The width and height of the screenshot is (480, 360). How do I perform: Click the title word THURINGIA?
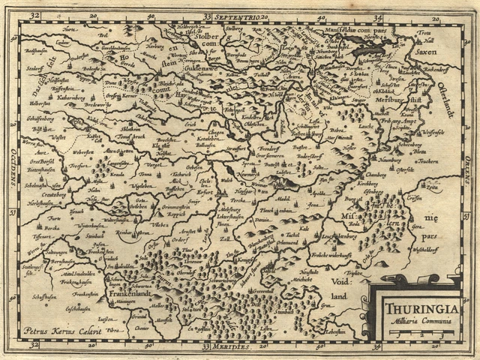(x=415, y=307)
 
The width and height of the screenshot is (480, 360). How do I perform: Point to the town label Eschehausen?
(x=82, y=309)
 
